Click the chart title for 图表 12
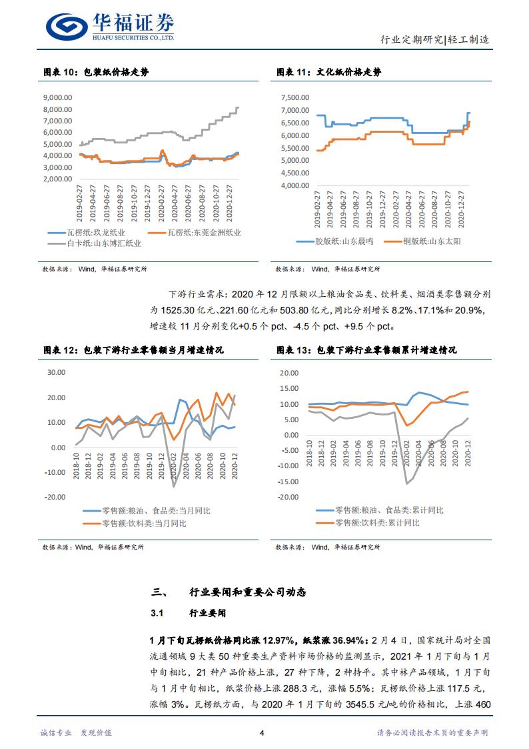[133, 349]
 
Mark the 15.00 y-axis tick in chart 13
[291, 389]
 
